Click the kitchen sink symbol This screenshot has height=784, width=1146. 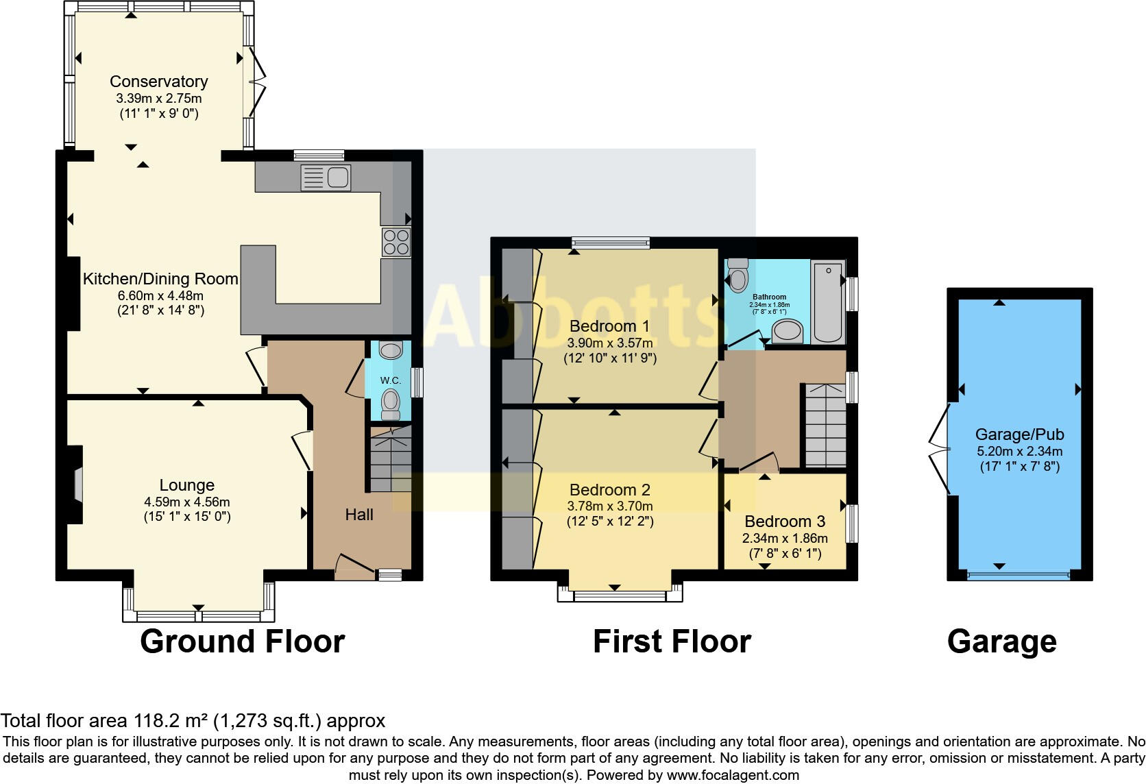click(326, 178)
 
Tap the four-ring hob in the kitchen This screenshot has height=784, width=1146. click(396, 242)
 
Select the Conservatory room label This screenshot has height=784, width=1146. click(159, 82)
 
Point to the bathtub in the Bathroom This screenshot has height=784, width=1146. click(827, 302)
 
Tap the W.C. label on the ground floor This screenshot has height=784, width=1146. click(391, 380)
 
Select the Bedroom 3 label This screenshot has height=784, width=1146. click(785, 522)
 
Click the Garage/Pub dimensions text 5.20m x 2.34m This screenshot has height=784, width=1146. click(1019, 452)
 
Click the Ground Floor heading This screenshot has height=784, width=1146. click(242, 642)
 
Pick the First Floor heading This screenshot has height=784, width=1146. click(672, 642)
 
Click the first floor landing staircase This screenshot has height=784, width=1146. click(825, 426)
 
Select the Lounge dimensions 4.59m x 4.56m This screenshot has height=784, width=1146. click(186, 502)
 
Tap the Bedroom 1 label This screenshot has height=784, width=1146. click(609, 326)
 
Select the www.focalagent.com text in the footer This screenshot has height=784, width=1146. click(733, 776)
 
